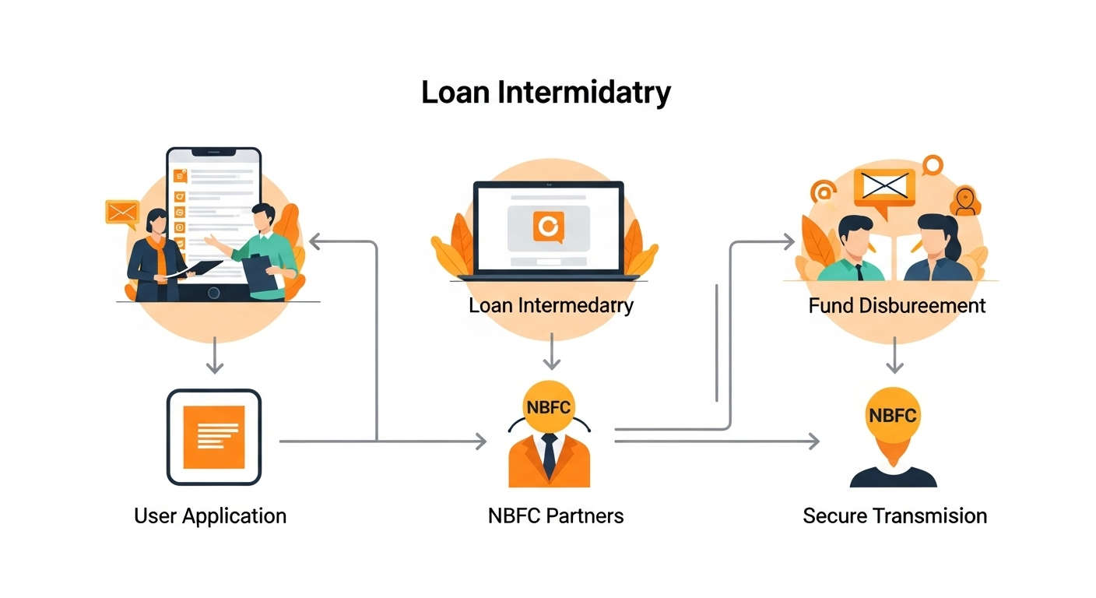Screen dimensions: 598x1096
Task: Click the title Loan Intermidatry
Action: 546,93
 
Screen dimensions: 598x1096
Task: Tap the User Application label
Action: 210,515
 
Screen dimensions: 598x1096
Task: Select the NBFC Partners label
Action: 556,515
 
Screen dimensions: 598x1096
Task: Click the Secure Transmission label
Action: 894,515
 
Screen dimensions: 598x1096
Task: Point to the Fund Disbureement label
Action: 897,305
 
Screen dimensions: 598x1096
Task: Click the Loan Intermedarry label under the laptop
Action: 551,305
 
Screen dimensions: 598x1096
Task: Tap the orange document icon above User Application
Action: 214,437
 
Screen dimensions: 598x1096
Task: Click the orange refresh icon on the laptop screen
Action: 548,227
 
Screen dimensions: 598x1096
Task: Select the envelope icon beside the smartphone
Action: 122,212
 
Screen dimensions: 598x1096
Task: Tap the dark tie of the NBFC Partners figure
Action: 550,456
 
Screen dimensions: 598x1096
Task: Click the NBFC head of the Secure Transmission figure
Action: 892,415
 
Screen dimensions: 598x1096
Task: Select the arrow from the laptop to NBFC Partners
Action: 551,351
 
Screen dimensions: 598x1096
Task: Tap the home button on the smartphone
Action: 213,293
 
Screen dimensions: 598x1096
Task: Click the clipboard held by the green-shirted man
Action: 256,271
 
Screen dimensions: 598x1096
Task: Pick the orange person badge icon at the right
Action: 965,200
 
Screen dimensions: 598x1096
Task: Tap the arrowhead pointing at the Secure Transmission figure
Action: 813,441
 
